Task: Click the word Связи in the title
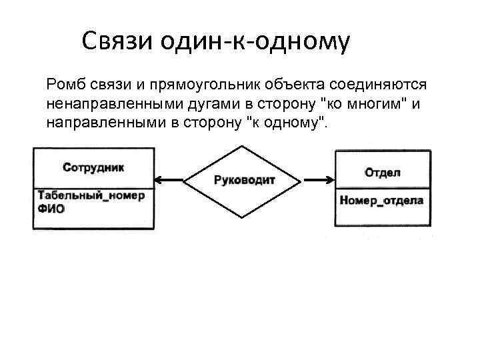[x=118, y=41]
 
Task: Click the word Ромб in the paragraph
[x=65, y=85]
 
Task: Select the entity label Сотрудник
[x=93, y=167]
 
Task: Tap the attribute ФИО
[x=51, y=209]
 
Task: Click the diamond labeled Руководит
[x=245, y=180]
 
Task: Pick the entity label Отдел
[x=383, y=173]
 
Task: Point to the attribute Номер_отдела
[x=381, y=201]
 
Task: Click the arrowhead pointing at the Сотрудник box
[x=159, y=179]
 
